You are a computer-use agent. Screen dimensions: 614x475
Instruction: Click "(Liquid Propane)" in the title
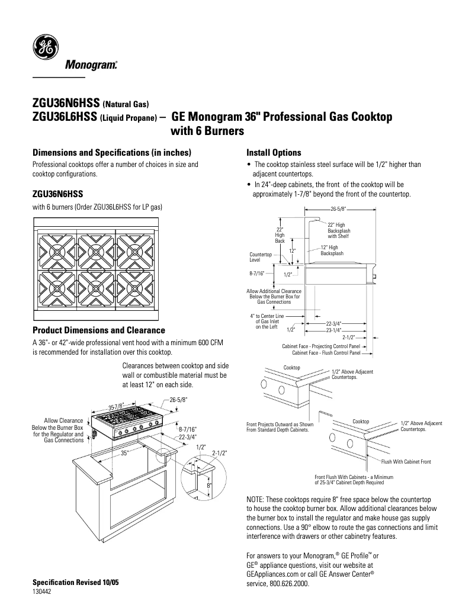coord(129,118)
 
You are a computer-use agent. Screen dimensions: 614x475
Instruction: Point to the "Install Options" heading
coord(274,152)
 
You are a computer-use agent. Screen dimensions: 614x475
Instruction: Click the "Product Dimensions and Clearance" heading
coord(99,330)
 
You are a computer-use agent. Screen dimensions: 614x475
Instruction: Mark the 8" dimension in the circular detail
coord(208,486)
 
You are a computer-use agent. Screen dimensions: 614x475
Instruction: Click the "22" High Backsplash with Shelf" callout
coord(339,231)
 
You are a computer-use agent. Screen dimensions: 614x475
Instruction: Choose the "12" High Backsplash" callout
coord(332,250)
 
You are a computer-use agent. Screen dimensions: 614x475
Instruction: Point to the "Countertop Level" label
coord(261,257)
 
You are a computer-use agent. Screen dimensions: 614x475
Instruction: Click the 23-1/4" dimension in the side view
coord(334,330)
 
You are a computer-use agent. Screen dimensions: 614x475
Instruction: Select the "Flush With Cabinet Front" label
coord(406,461)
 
